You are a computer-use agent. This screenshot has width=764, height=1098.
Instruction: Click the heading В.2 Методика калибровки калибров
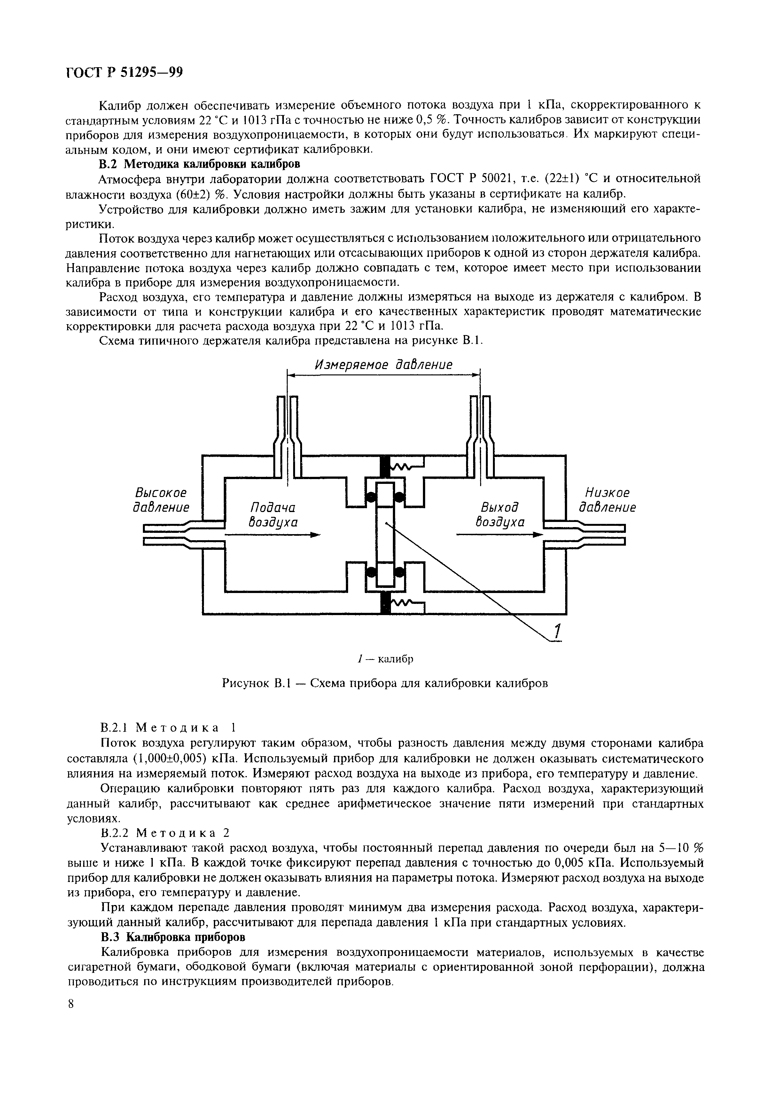199,164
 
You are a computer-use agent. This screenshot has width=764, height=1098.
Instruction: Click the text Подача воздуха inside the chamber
273,515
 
